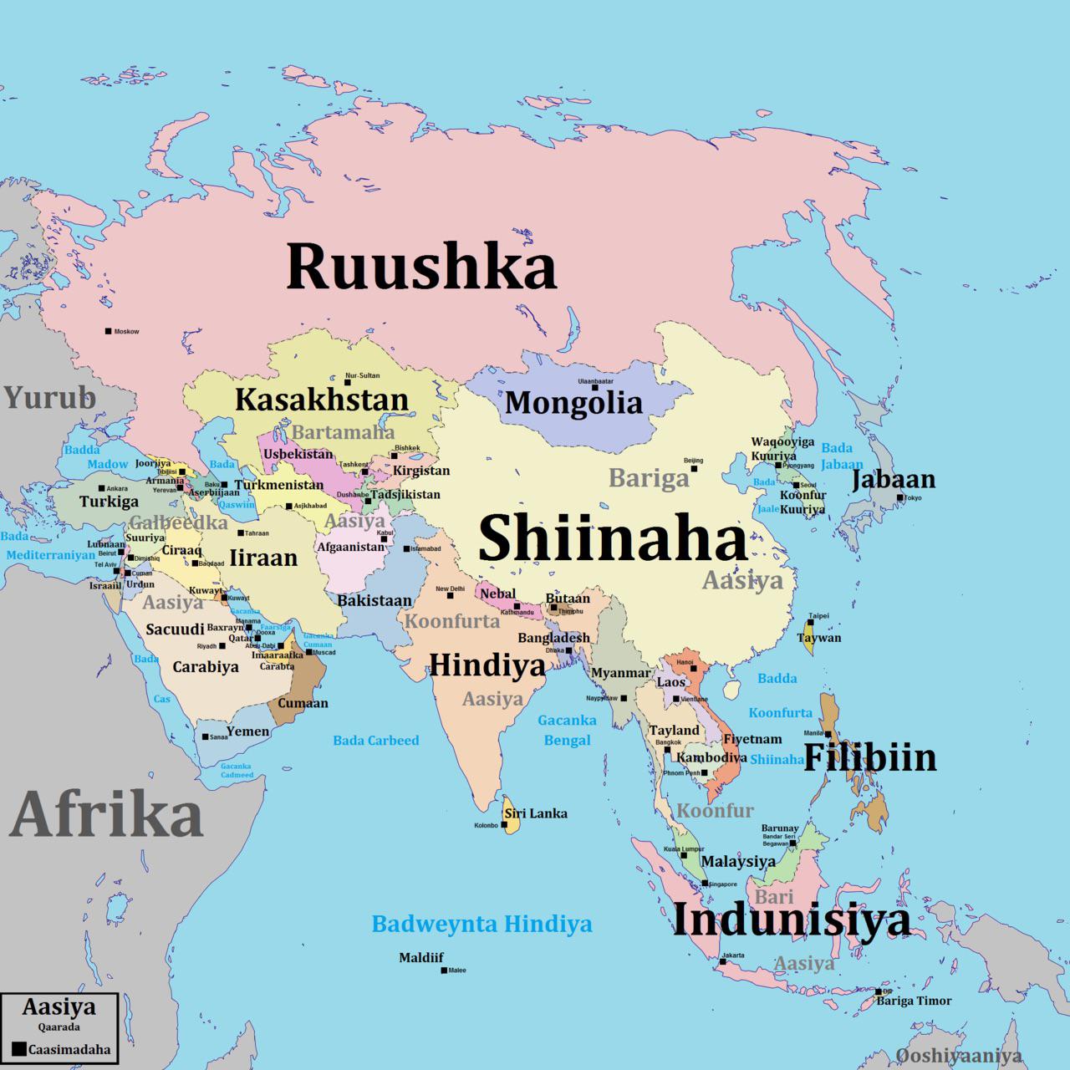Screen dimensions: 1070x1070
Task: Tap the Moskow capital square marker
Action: (x=108, y=331)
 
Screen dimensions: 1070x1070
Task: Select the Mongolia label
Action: (x=573, y=403)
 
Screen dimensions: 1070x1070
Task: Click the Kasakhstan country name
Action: (x=322, y=400)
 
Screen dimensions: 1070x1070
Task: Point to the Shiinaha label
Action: (x=612, y=538)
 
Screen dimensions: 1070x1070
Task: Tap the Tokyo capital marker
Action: (x=900, y=498)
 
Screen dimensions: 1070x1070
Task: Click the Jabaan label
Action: (x=894, y=480)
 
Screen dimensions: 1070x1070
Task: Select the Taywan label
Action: (x=818, y=638)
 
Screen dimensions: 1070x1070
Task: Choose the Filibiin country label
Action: (x=869, y=757)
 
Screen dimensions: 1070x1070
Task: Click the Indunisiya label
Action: (x=791, y=920)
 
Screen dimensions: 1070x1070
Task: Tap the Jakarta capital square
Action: (x=722, y=961)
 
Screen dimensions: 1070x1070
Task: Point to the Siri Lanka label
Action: (x=535, y=813)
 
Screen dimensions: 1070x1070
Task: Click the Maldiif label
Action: (x=421, y=958)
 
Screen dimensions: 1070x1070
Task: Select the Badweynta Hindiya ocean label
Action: (x=481, y=925)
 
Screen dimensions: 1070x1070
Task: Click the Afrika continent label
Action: (x=107, y=815)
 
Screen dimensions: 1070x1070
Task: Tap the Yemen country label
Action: (x=248, y=731)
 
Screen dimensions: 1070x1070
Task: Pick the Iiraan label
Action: (x=263, y=558)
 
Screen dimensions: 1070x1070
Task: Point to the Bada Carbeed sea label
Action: (x=376, y=741)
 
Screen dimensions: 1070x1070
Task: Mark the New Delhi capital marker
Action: (x=451, y=595)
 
